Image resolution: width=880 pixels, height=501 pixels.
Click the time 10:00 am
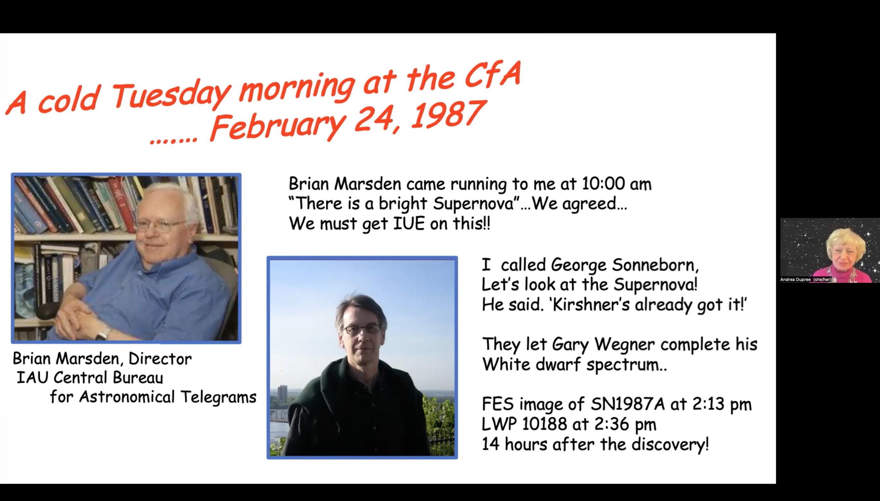(616, 184)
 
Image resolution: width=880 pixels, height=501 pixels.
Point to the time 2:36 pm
(625, 425)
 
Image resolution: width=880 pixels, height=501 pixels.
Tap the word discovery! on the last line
(670, 444)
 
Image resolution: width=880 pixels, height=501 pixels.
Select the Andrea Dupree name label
(806, 280)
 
